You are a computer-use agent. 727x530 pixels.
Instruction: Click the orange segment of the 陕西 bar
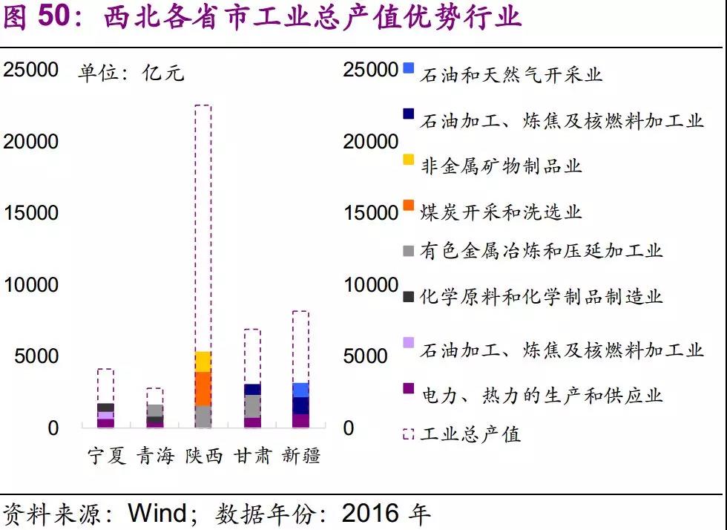[x=203, y=388]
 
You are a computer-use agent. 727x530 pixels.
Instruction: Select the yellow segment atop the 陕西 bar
[x=203, y=361]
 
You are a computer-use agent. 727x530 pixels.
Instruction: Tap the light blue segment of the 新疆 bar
[x=300, y=390]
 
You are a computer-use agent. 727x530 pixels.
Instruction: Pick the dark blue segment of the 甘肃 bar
[x=252, y=389]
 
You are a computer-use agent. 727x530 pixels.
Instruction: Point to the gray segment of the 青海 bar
[x=154, y=410]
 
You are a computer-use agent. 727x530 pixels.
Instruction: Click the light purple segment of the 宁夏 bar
[x=106, y=415]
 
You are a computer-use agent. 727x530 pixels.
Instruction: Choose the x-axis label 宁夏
[x=106, y=455]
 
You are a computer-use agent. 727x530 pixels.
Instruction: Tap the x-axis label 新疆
[x=300, y=455]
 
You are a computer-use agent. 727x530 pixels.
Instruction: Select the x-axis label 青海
[x=154, y=455]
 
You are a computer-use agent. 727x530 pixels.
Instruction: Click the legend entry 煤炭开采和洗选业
[x=501, y=212]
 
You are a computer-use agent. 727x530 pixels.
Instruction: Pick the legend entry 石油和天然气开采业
[x=511, y=75]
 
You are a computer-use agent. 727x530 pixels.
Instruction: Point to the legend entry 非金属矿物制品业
[x=501, y=166]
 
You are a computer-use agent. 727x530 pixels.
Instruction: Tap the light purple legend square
[x=408, y=343]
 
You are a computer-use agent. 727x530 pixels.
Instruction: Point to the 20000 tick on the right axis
[x=370, y=142]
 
